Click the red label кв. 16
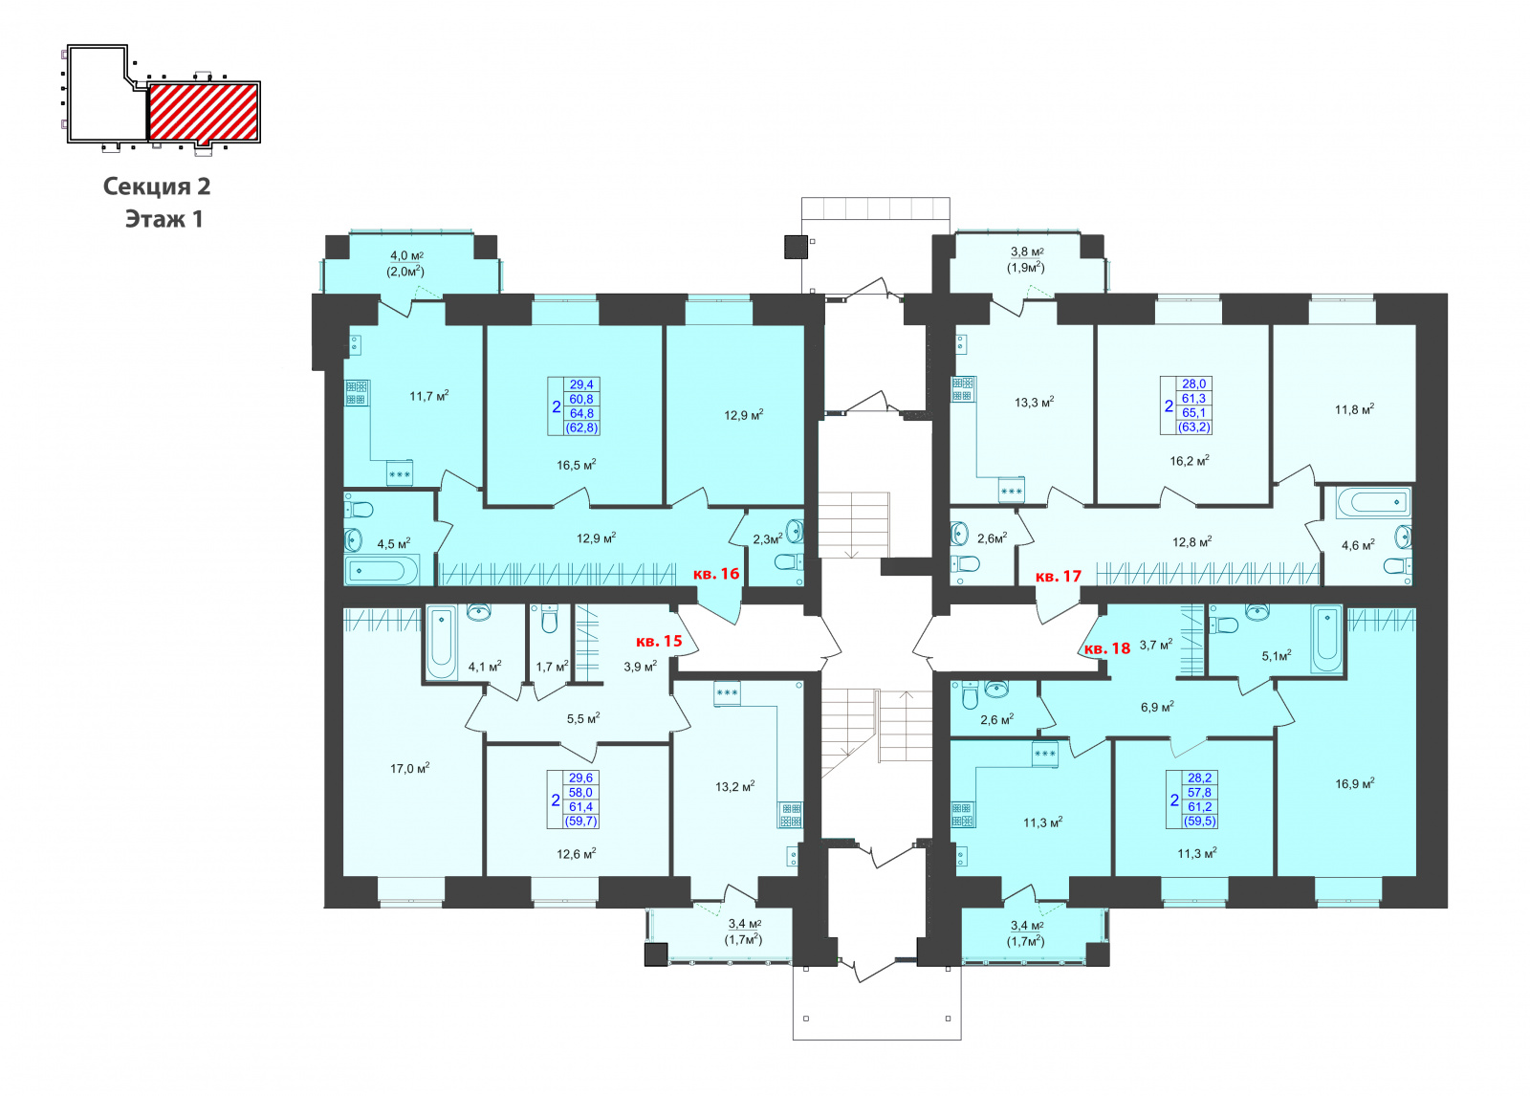coord(716,573)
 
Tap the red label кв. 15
coord(659,641)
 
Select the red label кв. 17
coord(1058,576)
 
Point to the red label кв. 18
coord(1107,647)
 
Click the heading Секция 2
coord(157,186)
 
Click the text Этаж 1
coord(164,219)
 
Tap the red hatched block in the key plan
coord(204,112)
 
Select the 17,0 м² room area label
coord(409,769)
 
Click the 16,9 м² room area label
coord(1354,783)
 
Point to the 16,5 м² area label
coord(576,466)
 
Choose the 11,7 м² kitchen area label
coord(429,396)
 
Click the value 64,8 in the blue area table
coord(581,413)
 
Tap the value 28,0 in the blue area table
coord(1193,384)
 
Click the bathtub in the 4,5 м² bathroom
coord(382,571)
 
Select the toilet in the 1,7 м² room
coord(549,619)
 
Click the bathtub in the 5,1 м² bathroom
coord(1325,640)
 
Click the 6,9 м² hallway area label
coord(1157,707)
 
